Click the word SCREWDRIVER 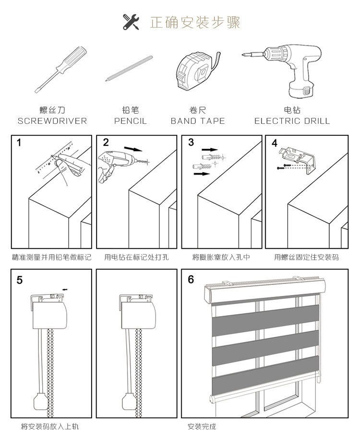tap(52, 121)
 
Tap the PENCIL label tap(131, 121)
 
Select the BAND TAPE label tap(198, 121)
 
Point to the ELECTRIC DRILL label tap(292, 121)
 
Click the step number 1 tap(19, 142)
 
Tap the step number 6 tap(191, 280)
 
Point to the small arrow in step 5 tap(65, 289)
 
